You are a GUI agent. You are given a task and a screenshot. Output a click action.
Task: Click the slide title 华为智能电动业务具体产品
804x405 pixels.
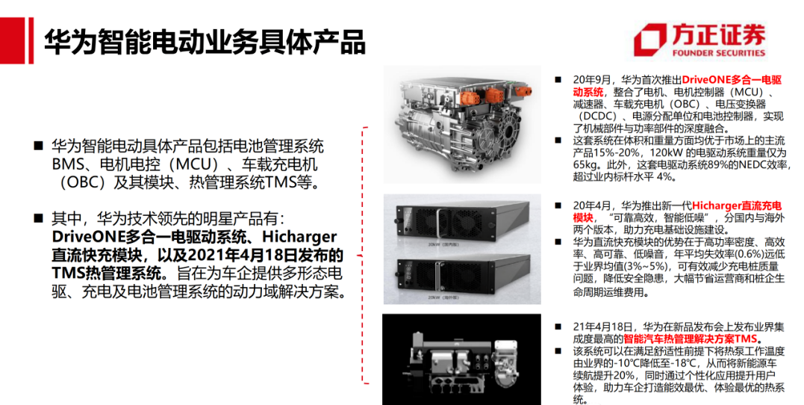pyautogui.click(x=204, y=42)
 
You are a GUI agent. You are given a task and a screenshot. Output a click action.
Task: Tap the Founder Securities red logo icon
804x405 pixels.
pyautogui.click(x=649, y=40)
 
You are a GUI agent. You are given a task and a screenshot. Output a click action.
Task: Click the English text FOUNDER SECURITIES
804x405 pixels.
pyautogui.click(x=719, y=52)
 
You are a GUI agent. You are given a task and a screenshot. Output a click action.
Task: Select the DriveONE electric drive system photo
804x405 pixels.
pyautogui.click(x=463, y=125)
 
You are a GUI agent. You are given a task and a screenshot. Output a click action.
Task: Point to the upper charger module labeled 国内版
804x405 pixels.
pyautogui.click(x=463, y=220)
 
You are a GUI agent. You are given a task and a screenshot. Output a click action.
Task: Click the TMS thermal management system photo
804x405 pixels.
pyautogui.click(x=461, y=359)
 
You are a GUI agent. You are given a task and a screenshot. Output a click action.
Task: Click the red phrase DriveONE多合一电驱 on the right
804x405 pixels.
pyautogui.click(x=732, y=80)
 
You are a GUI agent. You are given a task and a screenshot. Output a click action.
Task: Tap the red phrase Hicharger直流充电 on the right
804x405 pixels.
pyautogui.click(x=737, y=206)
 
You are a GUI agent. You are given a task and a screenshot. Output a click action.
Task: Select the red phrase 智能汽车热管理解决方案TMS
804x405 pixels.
pyautogui.click(x=691, y=339)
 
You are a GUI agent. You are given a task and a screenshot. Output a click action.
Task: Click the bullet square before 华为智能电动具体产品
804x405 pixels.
pyautogui.click(x=38, y=146)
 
